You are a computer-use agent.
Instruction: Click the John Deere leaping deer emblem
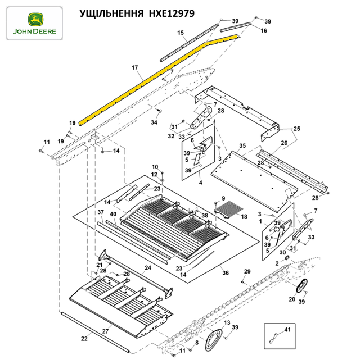(35, 20)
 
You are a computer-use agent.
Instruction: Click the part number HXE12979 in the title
(172, 13)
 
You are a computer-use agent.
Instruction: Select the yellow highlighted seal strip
(159, 79)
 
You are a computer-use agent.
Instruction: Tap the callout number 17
(135, 67)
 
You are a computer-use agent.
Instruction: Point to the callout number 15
(181, 33)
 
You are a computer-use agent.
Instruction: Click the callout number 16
(264, 31)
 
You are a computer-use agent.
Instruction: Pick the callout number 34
(154, 122)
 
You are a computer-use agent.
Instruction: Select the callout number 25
(297, 129)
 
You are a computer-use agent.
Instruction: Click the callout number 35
(242, 145)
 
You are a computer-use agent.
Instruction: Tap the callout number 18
(244, 217)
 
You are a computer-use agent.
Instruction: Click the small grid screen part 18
(229, 210)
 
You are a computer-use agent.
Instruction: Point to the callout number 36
(226, 272)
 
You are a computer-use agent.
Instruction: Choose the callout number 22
(84, 339)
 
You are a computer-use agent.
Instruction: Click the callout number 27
(105, 331)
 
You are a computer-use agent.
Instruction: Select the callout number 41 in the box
(287, 329)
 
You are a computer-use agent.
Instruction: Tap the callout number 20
(292, 299)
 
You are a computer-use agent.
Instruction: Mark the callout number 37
(101, 212)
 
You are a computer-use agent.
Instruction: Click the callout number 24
(148, 267)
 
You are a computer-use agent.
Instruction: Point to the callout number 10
(155, 167)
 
